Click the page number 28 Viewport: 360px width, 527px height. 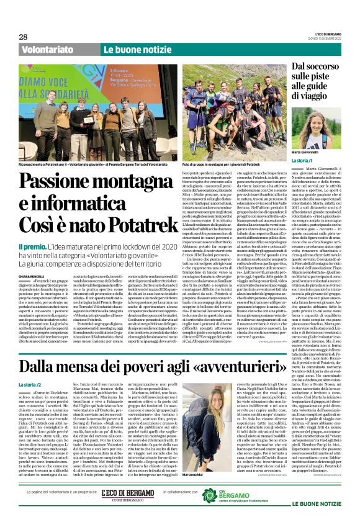24,37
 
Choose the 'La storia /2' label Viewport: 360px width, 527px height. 34,385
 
